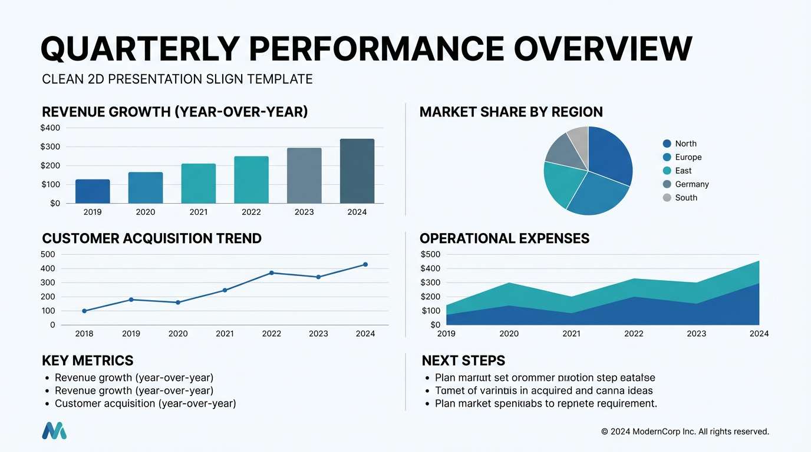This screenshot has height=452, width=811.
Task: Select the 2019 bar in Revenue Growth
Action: (93, 191)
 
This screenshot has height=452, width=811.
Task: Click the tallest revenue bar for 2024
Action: (357, 171)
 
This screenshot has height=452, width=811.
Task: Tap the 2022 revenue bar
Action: (251, 180)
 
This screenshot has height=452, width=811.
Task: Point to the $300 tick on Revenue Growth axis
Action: (50, 147)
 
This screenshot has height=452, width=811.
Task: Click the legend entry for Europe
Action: (688, 157)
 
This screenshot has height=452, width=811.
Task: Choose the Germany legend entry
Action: (691, 184)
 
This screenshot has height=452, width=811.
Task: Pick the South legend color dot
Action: (667, 198)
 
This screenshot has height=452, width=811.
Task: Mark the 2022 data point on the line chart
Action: (272, 273)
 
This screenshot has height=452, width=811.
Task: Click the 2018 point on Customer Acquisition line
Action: (84, 311)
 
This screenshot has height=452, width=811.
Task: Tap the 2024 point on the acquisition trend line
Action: (365, 265)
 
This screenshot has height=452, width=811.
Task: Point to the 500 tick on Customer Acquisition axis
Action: (48, 254)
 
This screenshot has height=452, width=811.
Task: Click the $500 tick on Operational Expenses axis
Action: (430, 254)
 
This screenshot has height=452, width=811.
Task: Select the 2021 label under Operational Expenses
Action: (571, 334)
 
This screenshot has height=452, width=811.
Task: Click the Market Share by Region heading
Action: (511, 112)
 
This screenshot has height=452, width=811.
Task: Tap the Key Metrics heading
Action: (88, 361)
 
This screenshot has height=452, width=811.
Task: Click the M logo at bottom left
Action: (54, 431)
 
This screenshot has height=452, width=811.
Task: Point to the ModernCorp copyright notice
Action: (685, 432)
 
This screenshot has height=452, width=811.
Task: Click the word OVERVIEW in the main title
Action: (603, 48)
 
